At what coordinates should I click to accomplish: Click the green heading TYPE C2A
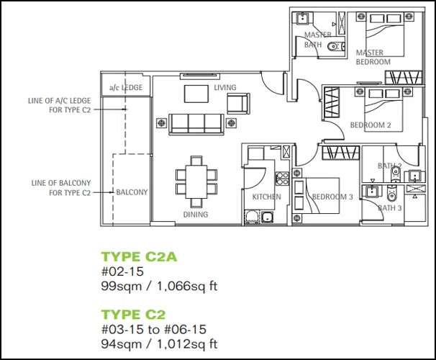click(x=139, y=256)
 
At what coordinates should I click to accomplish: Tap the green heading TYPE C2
click(x=134, y=315)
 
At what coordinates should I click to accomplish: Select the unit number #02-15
click(x=122, y=271)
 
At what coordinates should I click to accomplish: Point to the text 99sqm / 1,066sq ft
click(x=159, y=286)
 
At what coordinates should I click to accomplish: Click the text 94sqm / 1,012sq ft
click(x=159, y=344)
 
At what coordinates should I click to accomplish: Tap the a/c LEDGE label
click(x=126, y=88)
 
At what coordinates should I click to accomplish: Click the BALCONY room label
click(x=132, y=192)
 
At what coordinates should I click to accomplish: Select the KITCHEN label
click(x=266, y=197)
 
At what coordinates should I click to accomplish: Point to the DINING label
click(x=196, y=215)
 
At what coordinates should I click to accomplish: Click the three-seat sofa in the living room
click(x=196, y=124)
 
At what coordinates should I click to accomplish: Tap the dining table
click(x=196, y=181)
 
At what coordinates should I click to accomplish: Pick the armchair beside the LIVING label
click(x=239, y=103)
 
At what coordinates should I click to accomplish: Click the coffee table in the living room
click(x=196, y=94)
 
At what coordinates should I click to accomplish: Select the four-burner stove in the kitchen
click(x=282, y=179)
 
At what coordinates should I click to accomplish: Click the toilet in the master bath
click(x=336, y=47)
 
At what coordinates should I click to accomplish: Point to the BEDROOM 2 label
click(x=371, y=125)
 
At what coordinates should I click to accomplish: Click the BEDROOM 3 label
click(x=332, y=197)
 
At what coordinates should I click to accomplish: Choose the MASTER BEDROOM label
click(x=373, y=57)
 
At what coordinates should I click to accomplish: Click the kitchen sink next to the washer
click(x=267, y=217)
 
